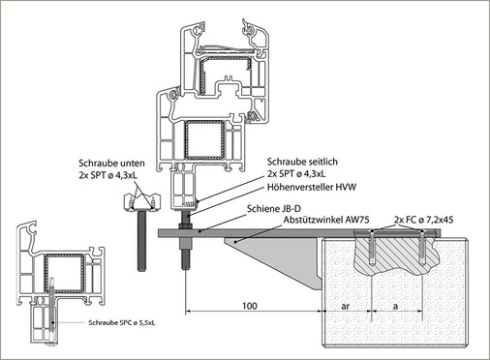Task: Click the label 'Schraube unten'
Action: click(111, 164)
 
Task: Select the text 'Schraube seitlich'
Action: click(302, 162)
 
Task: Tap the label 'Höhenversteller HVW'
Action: click(312, 187)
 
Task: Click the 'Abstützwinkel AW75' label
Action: click(326, 220)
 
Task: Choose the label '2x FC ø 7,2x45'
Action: click(423, 220)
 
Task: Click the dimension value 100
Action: click(250, 306)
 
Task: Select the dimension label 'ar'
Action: click(345, 306)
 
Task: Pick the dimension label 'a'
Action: click(396, 306)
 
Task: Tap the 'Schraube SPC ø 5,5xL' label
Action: click(122, 322)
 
